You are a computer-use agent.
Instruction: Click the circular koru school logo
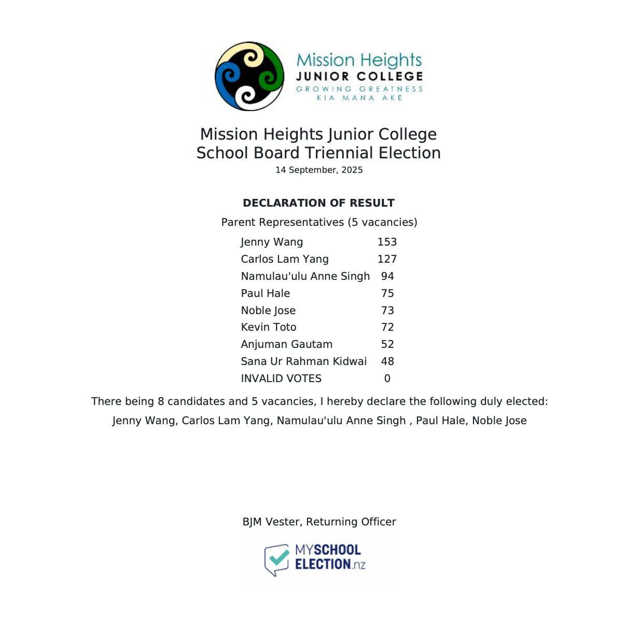click(x=249, y=76)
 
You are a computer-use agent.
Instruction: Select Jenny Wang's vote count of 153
click(x=387, y=242)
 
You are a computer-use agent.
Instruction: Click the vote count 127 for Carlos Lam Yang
click(x=387, y=259)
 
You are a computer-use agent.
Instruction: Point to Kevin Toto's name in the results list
click(x=269, y=327)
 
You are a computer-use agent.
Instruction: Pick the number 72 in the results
click(x=387, y=327)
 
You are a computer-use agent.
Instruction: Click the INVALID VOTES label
click(x=281, y=378)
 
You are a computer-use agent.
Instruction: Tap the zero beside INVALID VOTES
click(x=387, y=378)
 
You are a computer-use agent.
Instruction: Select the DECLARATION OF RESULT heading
click(x=318, y=203)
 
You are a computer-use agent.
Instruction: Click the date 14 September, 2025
click(x=319, y=170)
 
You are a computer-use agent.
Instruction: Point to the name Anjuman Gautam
click(x=287, y=344)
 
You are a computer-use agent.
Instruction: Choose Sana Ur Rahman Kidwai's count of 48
click(x=387, y=361)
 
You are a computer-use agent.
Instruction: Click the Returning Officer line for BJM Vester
click(x=319, y=522)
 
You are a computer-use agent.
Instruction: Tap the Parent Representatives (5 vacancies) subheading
click(x=319, y=222)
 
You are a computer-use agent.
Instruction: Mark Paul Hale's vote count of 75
click(x=387, y=293)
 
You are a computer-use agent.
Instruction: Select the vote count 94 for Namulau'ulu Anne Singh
click(x=387, y=276)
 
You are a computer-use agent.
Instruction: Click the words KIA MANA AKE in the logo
click(x=359, y=98)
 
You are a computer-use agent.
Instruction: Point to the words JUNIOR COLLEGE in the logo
click(x=359, y=76)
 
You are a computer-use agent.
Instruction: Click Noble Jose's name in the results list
click(x=268, y=310)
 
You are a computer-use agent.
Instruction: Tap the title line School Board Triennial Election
click(x=318, y=153)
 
